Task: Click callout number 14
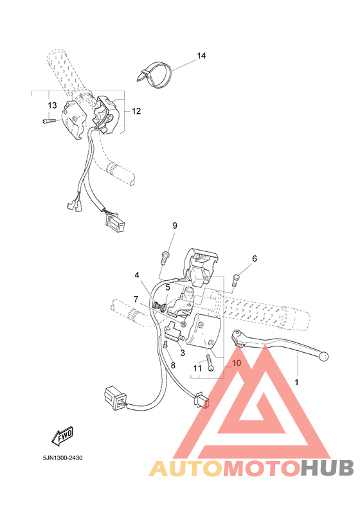tap(201, 57)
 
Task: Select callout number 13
tap(52, 105)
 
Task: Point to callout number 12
tap(136, 111)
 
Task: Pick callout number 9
tap(174, 225)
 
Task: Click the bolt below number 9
tap(165, 257)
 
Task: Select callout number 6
tap(254, 258)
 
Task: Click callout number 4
tap(137, 276)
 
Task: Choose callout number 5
tap(168, 287)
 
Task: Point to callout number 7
tap(136, 298)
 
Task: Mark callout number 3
tap(183, 352)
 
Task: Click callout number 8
tap(172, 365)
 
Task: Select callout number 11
tap(197, 368)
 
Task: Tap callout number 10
tap(235, 363)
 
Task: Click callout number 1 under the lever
tap(296, 382)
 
